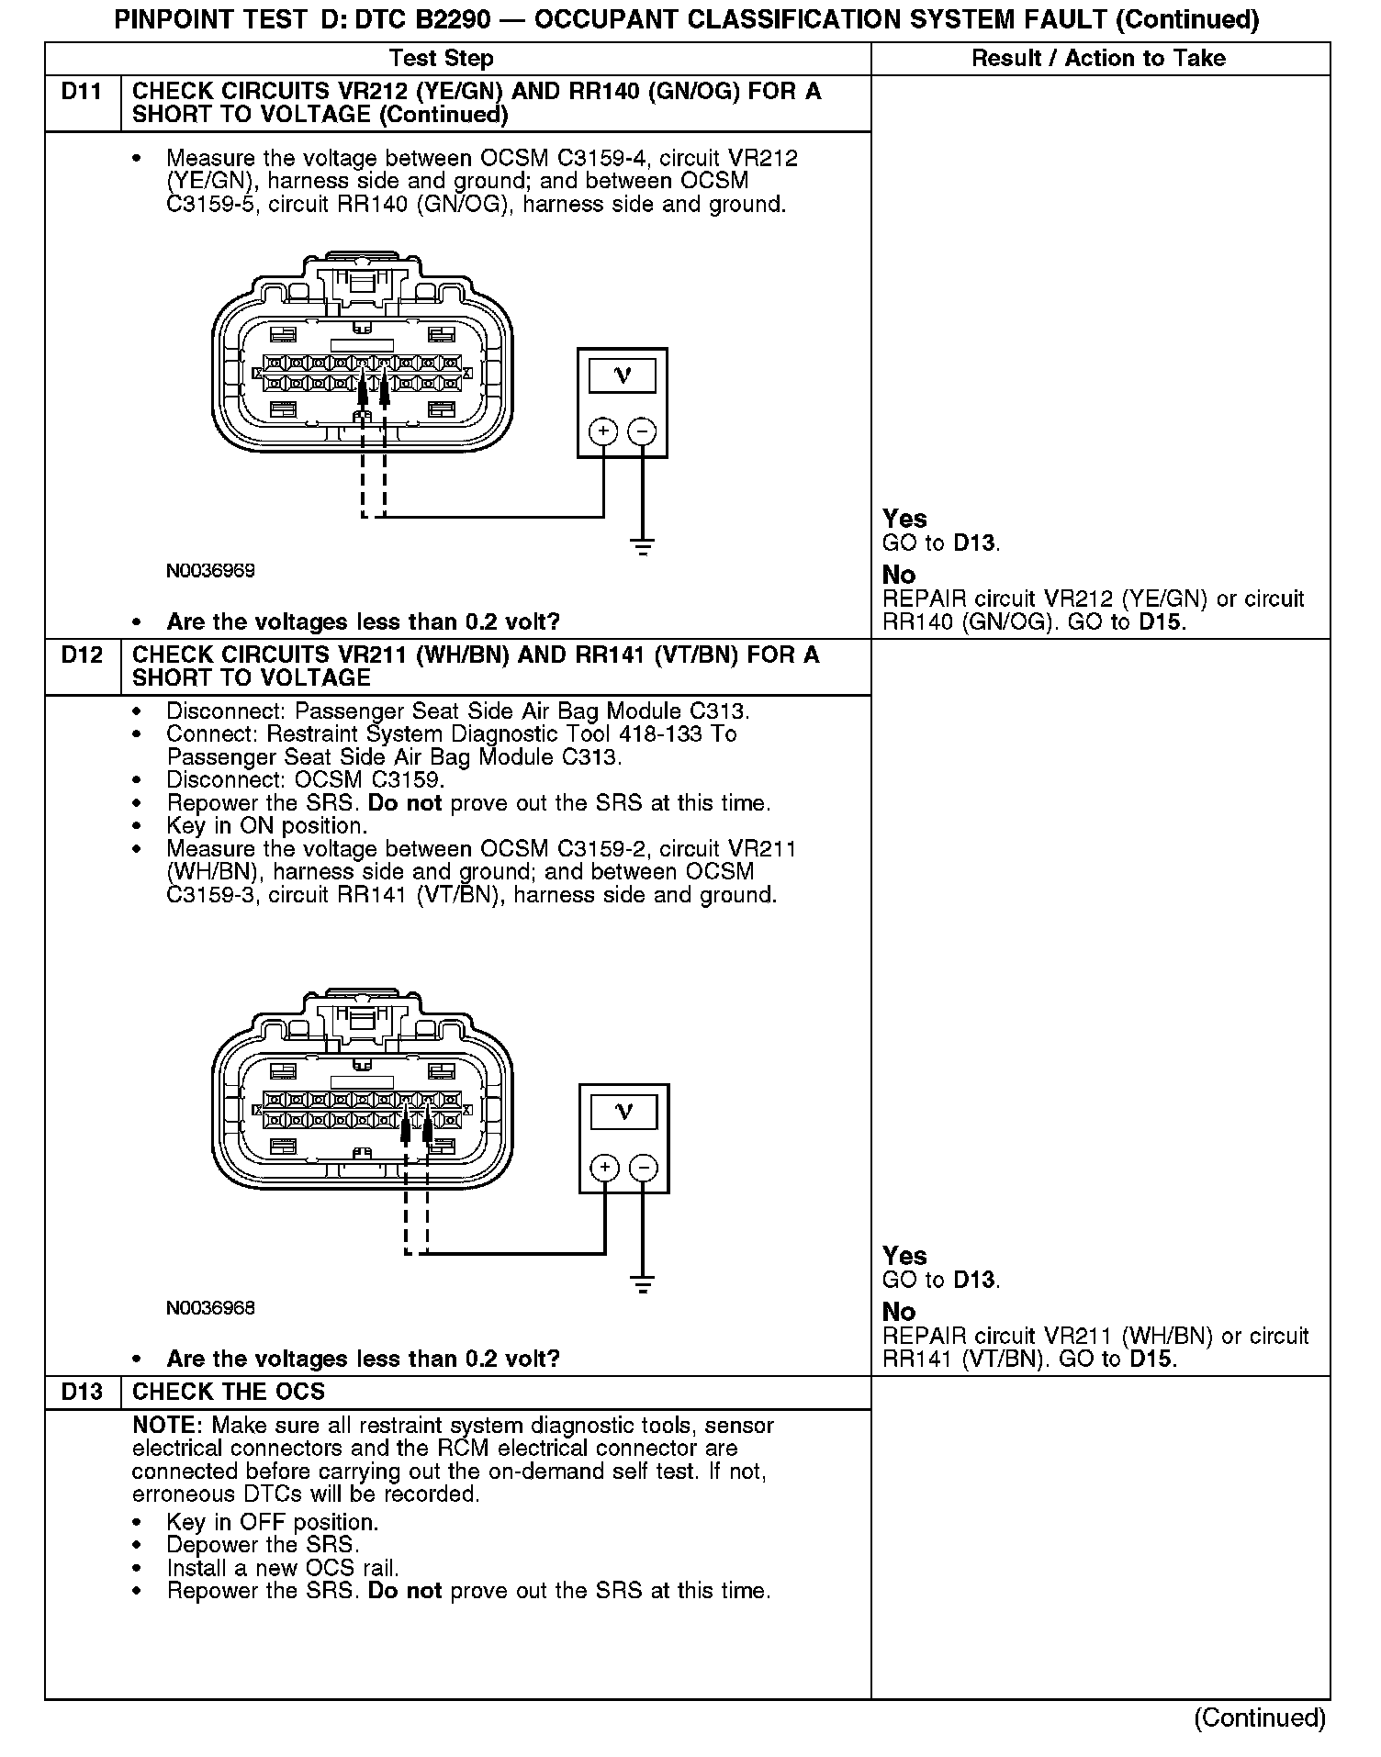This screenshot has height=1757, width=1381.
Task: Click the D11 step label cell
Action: [82, 92]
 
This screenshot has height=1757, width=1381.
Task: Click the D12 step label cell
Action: [82, 655]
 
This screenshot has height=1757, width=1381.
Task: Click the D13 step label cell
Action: [82, 1393]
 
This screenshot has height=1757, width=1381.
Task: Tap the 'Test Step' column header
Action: [441, 59]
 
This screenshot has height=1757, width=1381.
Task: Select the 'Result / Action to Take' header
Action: [1098, 59]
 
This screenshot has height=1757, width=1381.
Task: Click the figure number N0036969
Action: [210, 571]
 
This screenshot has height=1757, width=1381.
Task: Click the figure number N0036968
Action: [210, 1308]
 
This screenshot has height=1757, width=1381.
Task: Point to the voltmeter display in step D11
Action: [623, 375]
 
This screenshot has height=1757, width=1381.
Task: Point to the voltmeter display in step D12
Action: [623, 1113]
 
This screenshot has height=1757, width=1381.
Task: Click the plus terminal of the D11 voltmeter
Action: [603, 431]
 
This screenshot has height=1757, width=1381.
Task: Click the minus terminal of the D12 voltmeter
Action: [644, 1168]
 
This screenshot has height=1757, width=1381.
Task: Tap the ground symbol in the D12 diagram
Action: [643, 1283]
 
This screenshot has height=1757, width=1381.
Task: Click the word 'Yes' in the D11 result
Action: [904, 519]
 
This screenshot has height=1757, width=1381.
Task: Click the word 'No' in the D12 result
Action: [899, 1313]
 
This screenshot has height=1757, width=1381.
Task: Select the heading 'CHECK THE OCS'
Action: [229, 1393]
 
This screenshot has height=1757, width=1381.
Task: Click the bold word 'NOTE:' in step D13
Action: [168, 1426]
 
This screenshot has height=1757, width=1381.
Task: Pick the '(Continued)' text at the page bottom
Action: [1260, 1718]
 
